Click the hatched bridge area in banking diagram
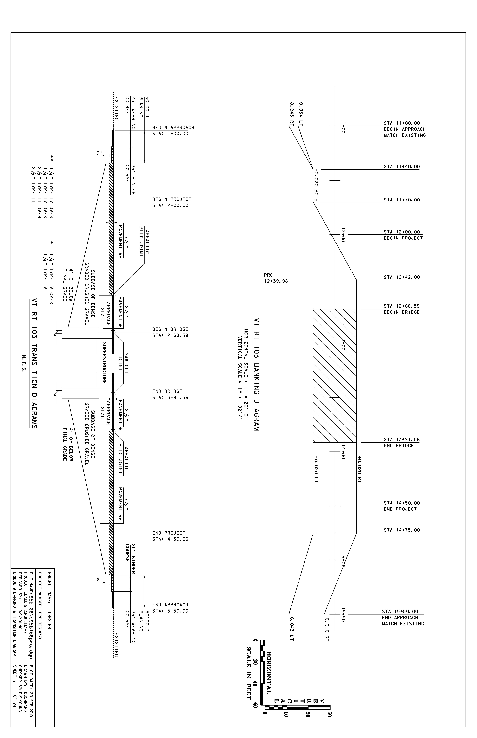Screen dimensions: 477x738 (x=335, y=376)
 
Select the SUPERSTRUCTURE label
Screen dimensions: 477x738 (x=104, y=363)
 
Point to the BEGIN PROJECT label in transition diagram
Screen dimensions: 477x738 (x=172, y=199)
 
